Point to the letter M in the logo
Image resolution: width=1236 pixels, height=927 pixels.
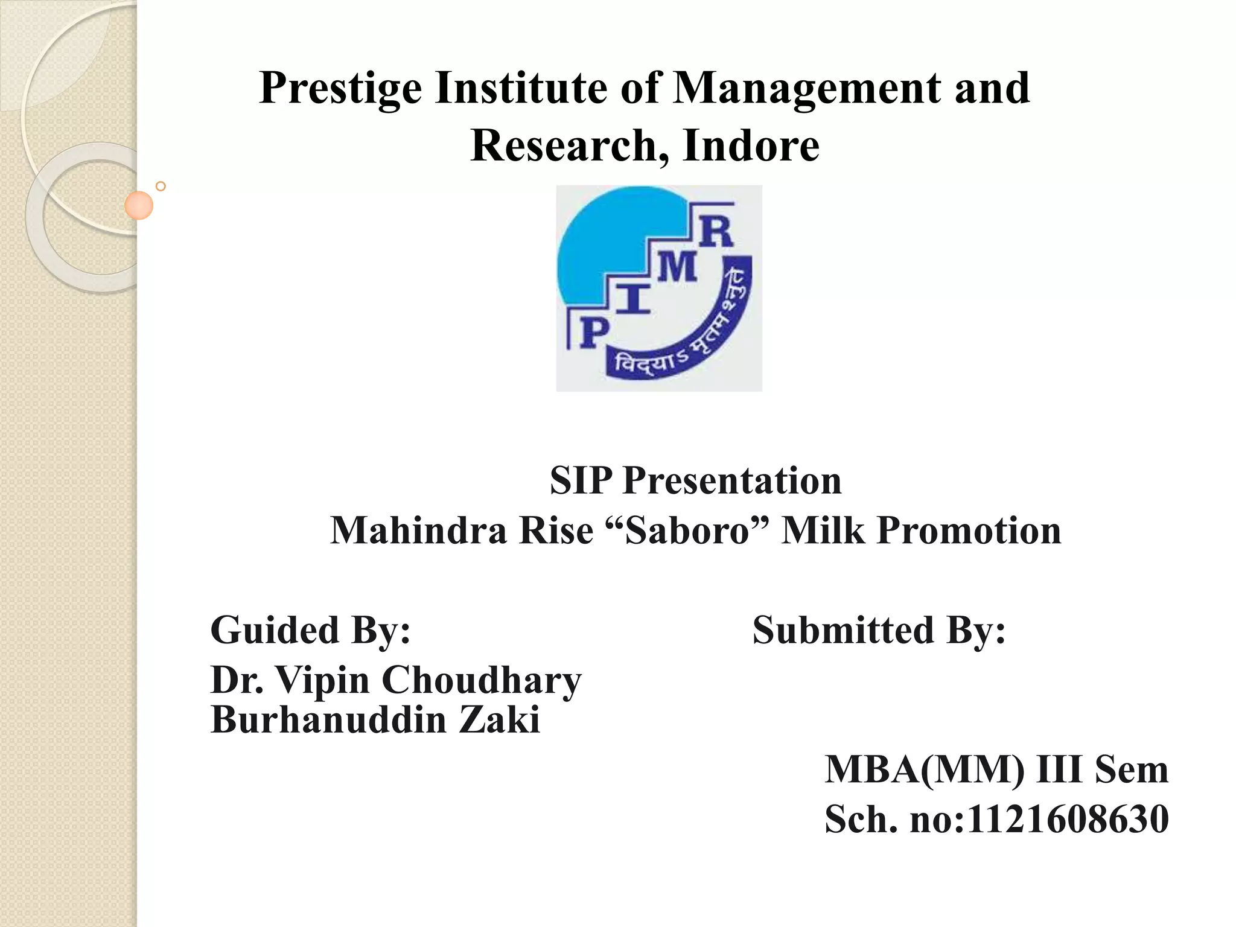tap(677, 267)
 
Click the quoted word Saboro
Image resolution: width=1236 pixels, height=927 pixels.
tap(686, 530)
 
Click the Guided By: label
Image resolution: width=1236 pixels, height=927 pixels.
tap(310, 630)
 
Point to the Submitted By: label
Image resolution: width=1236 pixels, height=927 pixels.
tap(879, 630)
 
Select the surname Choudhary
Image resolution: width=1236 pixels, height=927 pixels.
tap(481, 680)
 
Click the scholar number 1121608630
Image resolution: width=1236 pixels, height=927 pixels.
tap(1068, 819)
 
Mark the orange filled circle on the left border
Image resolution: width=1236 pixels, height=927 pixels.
tap(139, 205)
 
